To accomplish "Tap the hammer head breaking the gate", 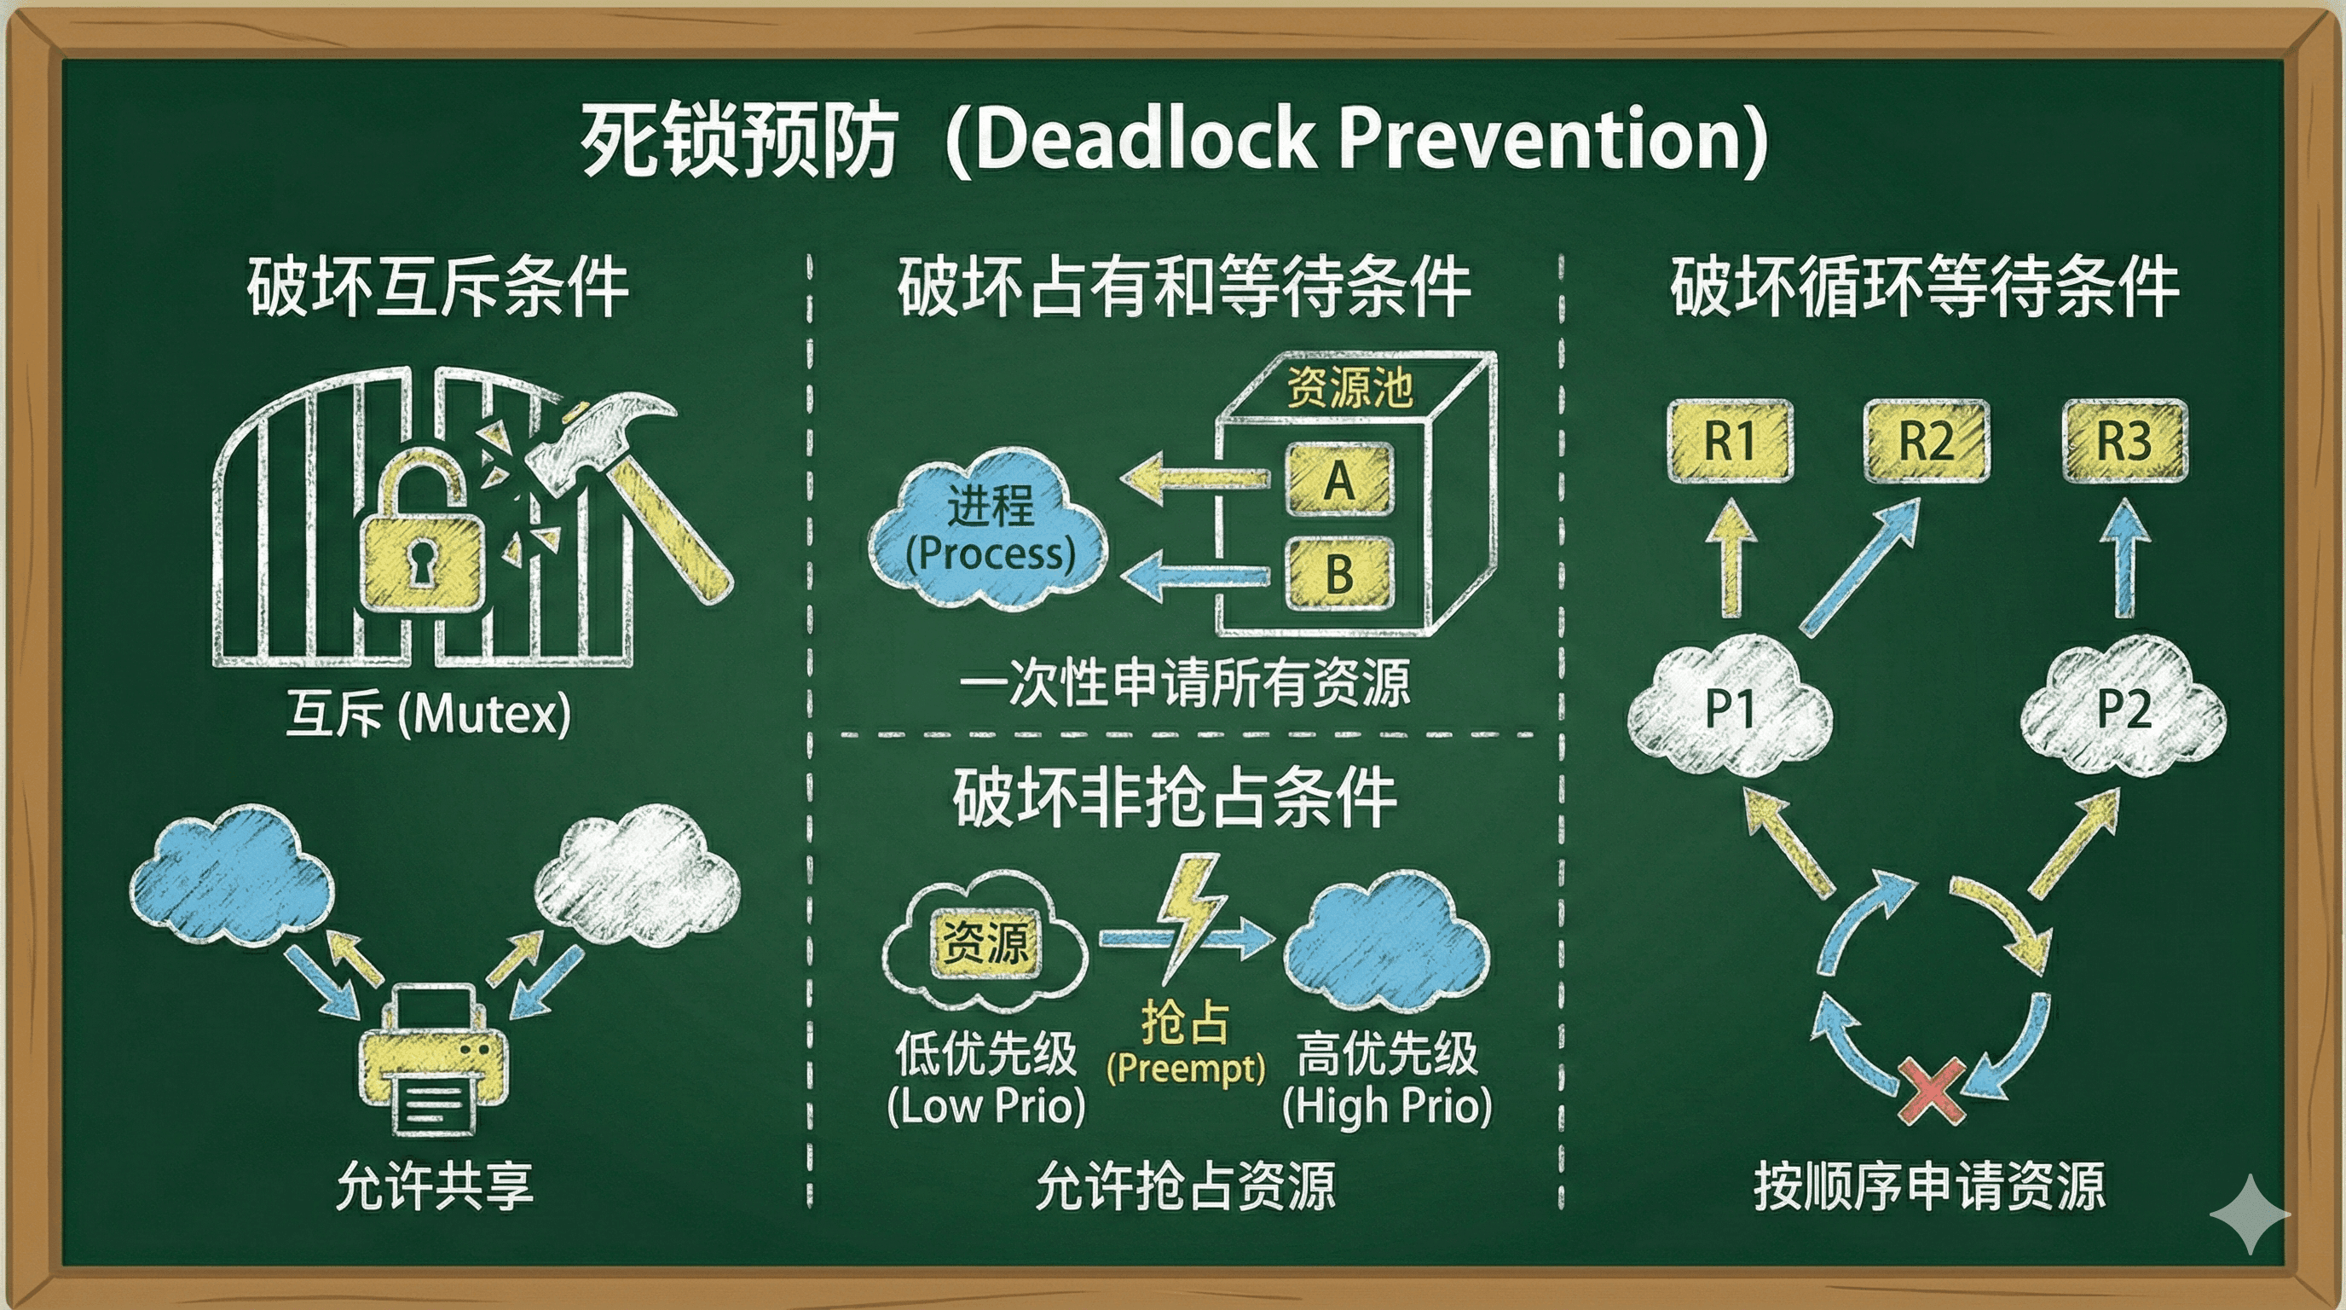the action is pos(600,438).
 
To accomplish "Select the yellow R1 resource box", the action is pos(1730,441).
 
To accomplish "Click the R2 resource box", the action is pos(1927,441).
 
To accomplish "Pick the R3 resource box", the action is pos(2124,441).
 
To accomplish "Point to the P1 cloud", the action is pos(1730,707).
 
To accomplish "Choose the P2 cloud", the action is pos(2123,707).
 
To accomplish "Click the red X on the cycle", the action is pos(1931,1091).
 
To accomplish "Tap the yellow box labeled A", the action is pos(1338,479).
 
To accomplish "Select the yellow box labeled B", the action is pos(1338,573).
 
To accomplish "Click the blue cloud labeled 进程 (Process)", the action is pos(988,529).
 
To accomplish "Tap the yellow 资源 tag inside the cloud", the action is pos(985,942).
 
